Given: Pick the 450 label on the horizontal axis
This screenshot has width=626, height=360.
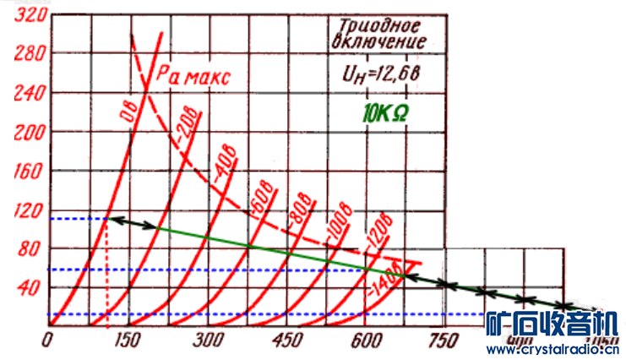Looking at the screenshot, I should pyautogui.click(x=288, y=340).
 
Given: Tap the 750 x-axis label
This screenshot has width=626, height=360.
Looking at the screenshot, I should pyautogui.click(x=443, y=340).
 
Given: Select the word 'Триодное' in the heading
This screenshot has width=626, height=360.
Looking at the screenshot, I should pyautogui.click(x=378, y=23).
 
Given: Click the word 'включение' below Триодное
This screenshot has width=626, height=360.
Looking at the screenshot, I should pyautogui.click(x=378, y=41).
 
